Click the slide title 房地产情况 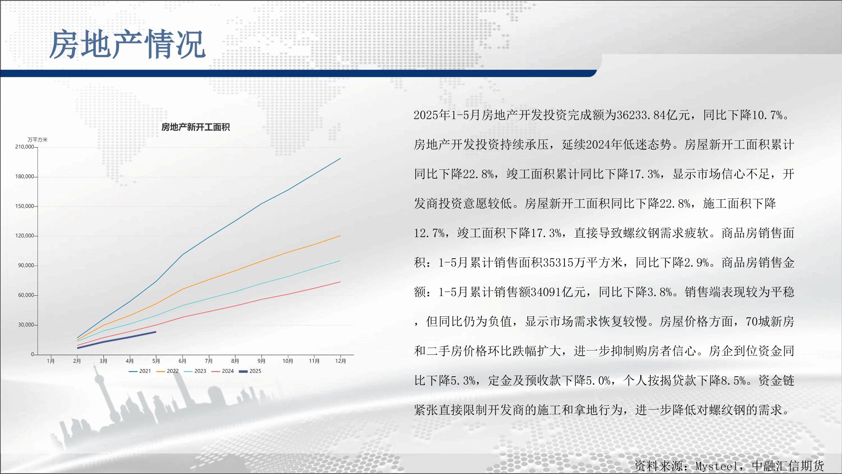click(x=128, y=44)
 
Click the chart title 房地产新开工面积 click(x=195, y=127)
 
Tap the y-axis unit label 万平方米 click(x=38, y=140)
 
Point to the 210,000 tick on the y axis click(x=24, y=147)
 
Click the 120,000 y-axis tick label click(x=24, y=236)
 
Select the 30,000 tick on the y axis click(x=26, y=325)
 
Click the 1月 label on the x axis click(x=51, y=361)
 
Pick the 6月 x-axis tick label click(x=182, y=361)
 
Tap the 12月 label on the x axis click(x=340, y=361)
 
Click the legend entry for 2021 click(x=140, y=371)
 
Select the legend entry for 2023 click(x=195, y=371)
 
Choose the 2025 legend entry click(x=250, y=371)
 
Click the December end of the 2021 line click(x=340, y=158)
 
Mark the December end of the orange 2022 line click(x=340, y=236)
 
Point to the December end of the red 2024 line click(x=340, y=282)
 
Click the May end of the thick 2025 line click(x=156, y=332)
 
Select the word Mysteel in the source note click(x=716, y=466)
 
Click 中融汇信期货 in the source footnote click(x=788, y=466)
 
